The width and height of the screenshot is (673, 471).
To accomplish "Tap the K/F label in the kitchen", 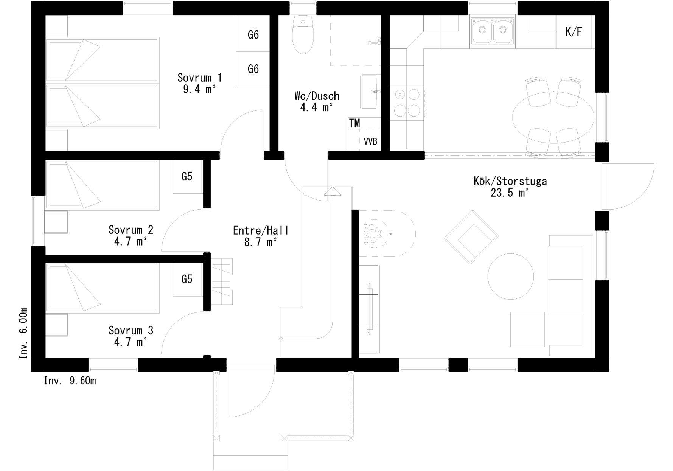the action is point(574,32).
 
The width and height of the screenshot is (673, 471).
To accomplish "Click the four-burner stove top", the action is point(407,102).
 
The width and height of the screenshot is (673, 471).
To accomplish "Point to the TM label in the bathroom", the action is point(354,123).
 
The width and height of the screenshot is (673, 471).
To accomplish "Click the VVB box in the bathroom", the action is point(370,140).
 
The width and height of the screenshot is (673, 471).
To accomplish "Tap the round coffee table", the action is point(511,277).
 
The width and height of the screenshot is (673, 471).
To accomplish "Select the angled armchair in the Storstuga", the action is point(471,237).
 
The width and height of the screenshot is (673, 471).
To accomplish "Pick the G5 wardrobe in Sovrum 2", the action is point(187,177).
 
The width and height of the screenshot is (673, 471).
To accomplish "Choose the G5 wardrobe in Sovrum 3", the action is point(187,280).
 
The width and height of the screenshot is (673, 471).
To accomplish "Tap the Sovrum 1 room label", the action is point(199,83).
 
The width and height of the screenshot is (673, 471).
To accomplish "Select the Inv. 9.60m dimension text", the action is point(70,381).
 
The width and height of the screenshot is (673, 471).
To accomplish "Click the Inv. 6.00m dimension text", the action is point(23,333).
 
